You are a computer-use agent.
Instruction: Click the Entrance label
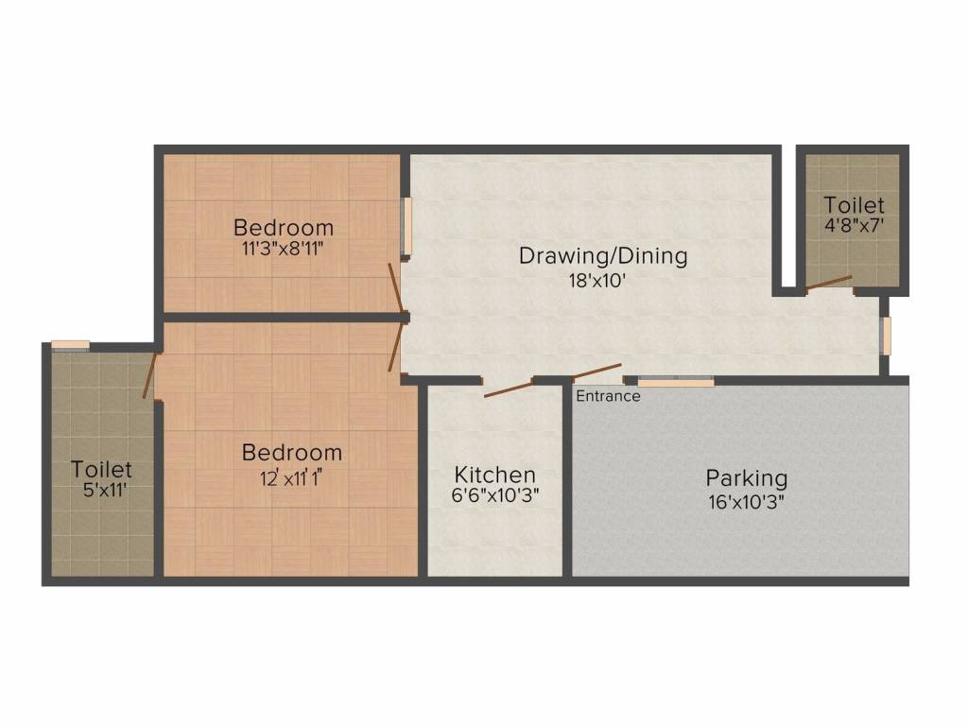point(608,396)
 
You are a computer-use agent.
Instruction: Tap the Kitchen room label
point(495,475)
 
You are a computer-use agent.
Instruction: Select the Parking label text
point(747,477)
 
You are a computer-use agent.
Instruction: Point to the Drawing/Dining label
point(603,255)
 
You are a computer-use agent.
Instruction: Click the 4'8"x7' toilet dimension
point(854,226)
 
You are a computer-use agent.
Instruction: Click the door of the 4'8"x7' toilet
point(828,282)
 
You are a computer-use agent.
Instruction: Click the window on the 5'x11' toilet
point(70,345)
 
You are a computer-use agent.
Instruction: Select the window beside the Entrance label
point(676,382)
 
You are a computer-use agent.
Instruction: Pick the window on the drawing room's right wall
point(887,336)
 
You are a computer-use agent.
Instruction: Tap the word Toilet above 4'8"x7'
point(854,205)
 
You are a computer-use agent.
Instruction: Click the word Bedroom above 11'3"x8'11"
point(284,228)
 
